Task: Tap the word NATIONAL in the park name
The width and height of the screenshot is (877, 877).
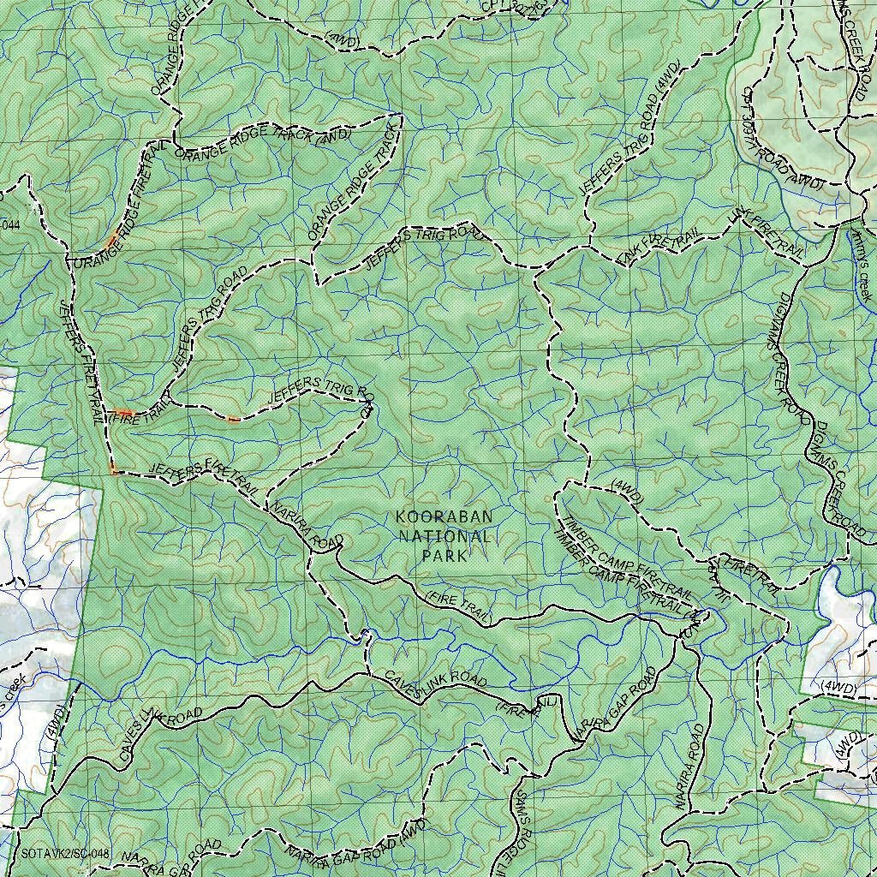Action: [x=444, y=537]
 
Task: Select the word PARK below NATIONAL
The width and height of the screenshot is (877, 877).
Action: [x=444, y=556]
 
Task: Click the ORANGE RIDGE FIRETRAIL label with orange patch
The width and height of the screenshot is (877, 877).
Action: [x=120, y=206]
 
